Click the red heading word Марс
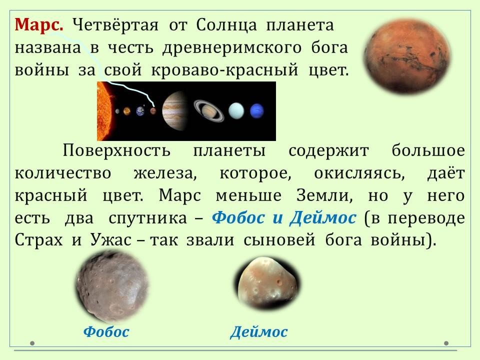(x=39, y=24)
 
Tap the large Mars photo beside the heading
(x=407, y=55)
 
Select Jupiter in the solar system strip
(x=174, y=110)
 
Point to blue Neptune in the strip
(x=257, y=111)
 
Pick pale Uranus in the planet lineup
(x=236, y=111)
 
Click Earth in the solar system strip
(x=140, y=111)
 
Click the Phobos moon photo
(x=112, y=287)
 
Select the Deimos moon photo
(x=267, y=283)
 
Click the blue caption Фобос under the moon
(x=106, y=331)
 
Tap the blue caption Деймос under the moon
(x=258, y=331)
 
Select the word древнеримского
(x=231, y=48)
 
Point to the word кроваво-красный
(x=224, y=70)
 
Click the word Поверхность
(x=116, y=150)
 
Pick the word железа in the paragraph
(x=165, y=173)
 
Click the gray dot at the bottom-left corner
(x=32, y=343)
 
